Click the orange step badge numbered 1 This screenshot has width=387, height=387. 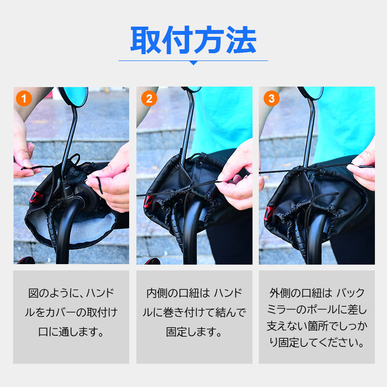[x=24, y=99]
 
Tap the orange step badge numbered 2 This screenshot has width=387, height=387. [x=149, y=99]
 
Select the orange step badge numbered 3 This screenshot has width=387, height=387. [x=271, y=99]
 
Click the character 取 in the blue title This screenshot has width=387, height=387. [x=146, y=40]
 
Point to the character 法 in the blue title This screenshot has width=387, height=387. [x=241, y=40]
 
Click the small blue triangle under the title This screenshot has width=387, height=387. [x=193, y=63]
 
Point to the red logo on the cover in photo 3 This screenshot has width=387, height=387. [x=269, y=213]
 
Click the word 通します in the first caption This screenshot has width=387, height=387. [x=81, y=332]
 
